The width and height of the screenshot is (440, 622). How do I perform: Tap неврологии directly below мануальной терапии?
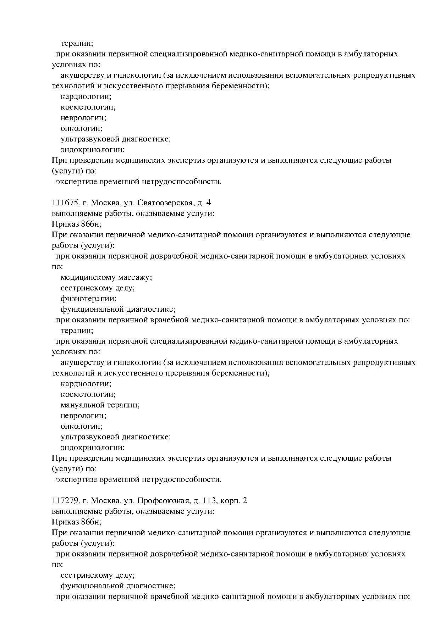(x=83, y=416)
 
